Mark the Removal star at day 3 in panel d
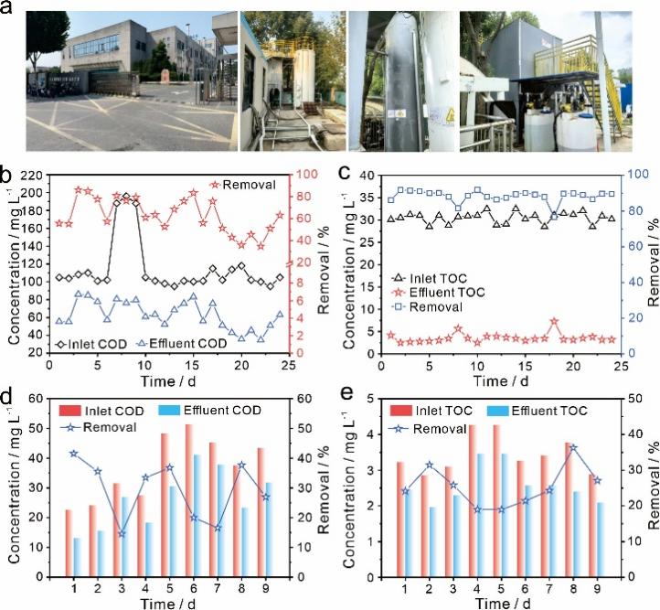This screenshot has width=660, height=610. (x=122, y=533)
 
